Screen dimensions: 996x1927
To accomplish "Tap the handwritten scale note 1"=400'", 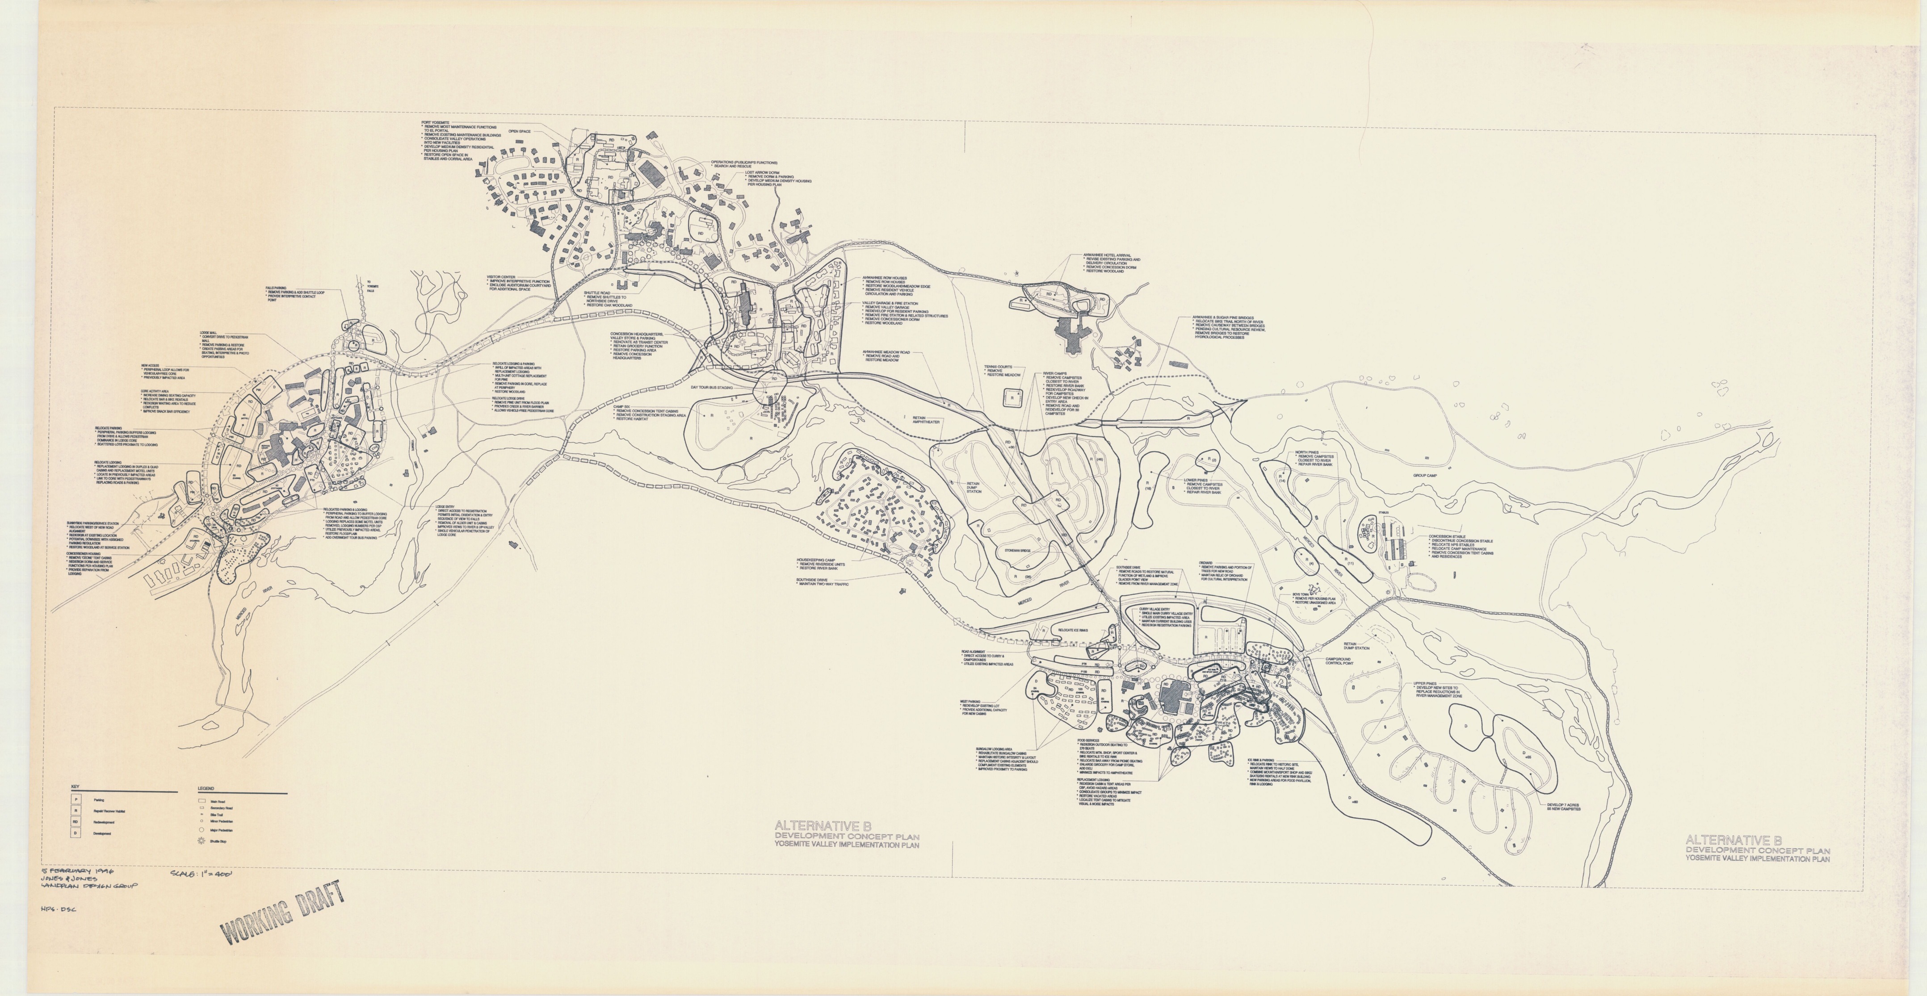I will pos(202,873).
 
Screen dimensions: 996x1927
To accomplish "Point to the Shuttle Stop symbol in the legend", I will pos(201,841).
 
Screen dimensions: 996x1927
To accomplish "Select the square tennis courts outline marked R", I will pos(1012,398).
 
